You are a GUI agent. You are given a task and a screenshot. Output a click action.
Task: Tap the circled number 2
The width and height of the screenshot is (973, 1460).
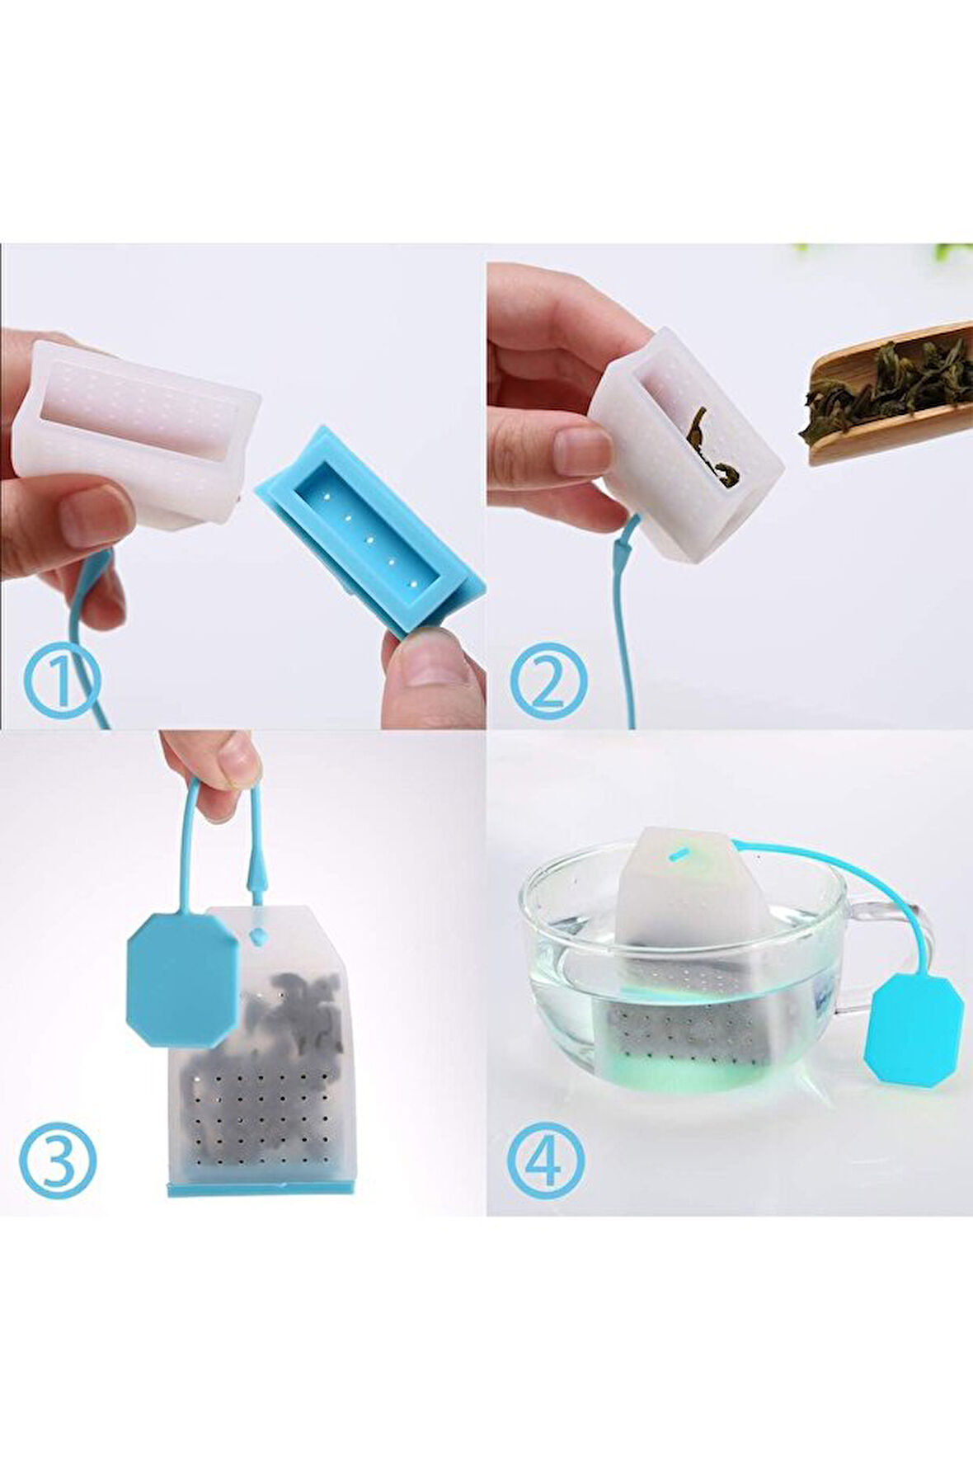point(548,681)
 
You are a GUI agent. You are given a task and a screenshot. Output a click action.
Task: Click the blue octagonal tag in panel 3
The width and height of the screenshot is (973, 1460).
point(182,979)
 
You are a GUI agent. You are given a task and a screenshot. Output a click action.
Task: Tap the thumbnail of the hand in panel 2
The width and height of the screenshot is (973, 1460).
point(582,451)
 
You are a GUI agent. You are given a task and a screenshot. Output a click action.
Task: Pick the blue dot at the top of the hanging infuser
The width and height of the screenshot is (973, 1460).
point(257,935)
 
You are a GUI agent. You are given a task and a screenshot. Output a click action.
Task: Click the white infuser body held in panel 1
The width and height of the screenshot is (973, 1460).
point(137,432)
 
